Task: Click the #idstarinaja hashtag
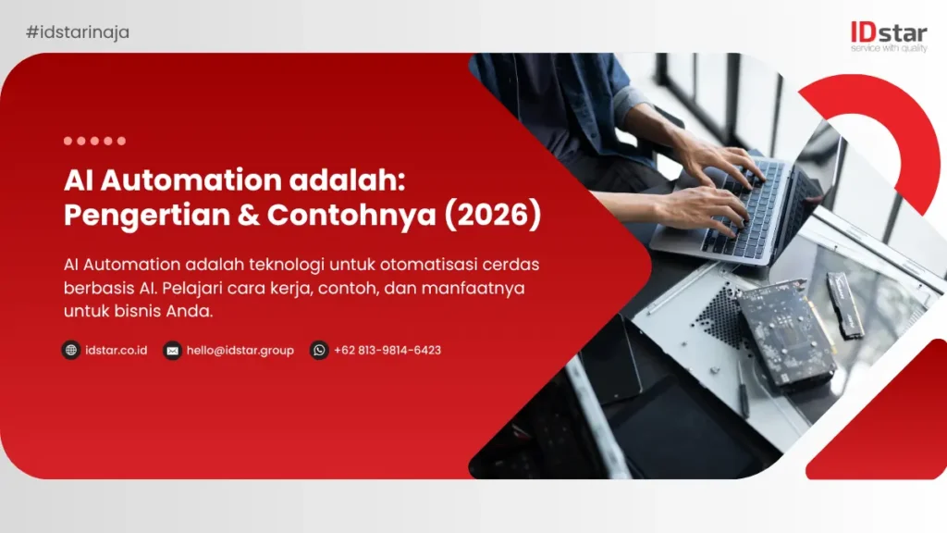(78, 32)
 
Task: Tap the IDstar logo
(888, 33)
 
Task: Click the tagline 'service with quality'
(888, 49)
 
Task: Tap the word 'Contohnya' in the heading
(346, 215)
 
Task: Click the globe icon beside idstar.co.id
(71, 350)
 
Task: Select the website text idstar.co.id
(117, 351)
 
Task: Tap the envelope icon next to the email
(172, 350)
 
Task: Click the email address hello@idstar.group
(240, 351)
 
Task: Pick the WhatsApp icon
(319, 350)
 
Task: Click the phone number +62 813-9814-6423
(387, 351)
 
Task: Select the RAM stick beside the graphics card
(845, 304)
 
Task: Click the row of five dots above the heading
(94, 141)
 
